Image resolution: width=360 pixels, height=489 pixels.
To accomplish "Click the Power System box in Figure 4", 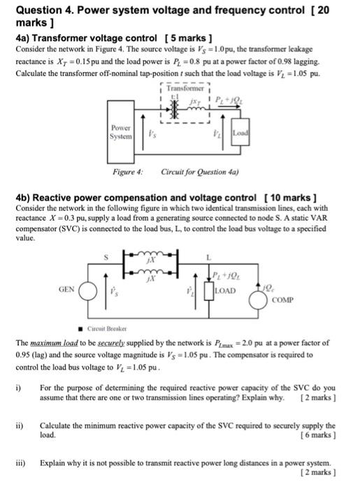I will tap(122, 133).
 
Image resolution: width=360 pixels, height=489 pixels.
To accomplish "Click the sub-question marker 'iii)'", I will tap(22, 463).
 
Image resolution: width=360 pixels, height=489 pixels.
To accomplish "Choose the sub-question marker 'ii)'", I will tap(21, 425).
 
